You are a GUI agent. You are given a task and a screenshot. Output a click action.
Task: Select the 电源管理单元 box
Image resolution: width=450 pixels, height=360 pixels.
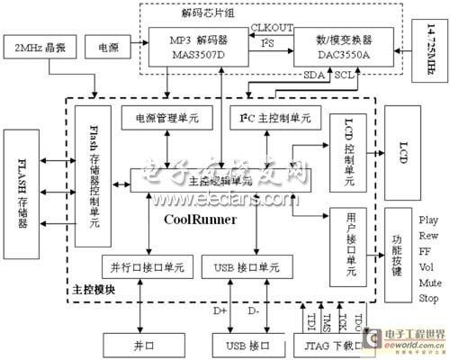165,118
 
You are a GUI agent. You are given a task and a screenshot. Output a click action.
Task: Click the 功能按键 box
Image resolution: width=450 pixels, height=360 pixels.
397,246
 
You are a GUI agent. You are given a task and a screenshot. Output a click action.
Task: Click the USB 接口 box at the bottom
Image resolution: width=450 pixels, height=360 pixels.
240,344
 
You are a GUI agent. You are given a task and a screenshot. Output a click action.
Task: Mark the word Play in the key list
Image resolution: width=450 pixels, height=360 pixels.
428,219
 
